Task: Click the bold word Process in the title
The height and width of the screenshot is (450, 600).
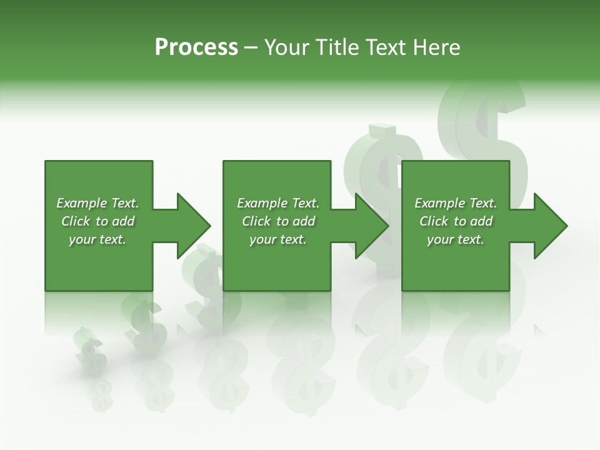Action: click(196, 47)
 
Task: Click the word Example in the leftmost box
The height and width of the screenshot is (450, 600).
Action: click(81, 203)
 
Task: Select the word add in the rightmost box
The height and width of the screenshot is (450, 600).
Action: click(481, 221)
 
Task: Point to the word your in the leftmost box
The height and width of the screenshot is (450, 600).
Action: click(81, 239)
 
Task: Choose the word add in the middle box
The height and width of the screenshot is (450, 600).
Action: click(304, 221)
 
